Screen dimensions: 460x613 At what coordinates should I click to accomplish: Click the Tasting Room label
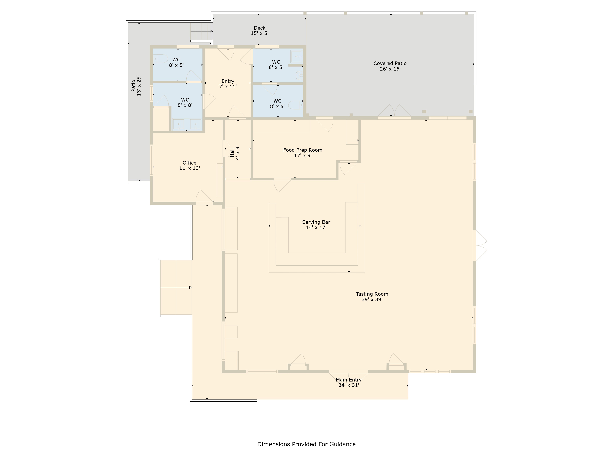pos(372,294)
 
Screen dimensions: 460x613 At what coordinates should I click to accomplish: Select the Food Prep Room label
pos(303,150)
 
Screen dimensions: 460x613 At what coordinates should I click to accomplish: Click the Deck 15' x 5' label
pos(259,31)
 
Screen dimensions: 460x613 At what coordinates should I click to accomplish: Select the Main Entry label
pos(349,380)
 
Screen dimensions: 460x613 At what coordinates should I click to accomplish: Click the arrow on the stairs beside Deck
pos(205,31)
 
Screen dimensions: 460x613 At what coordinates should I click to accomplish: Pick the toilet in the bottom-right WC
pos(295,105)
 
